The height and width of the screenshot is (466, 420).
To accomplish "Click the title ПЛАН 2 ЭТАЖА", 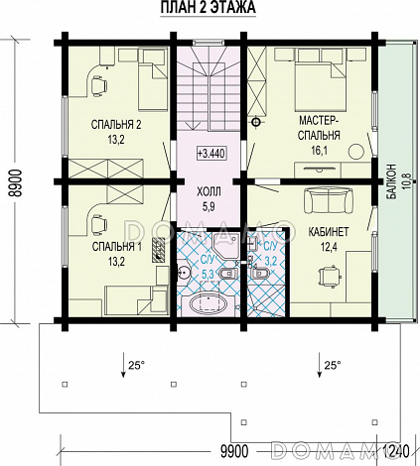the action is tap(209, 8).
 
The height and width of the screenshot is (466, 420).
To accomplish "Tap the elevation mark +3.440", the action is tap(210, 154).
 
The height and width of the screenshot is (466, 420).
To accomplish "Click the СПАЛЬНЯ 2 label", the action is tap(116, 125).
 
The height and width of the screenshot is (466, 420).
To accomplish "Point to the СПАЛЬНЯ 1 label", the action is tap(116, 247).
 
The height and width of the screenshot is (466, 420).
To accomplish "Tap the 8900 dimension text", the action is tap(16, 182).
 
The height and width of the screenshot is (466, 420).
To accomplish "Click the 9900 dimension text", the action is tap(234, 451).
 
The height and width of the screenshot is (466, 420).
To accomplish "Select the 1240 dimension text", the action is tap(396, 451).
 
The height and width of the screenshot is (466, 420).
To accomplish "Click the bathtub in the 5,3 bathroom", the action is tap(208, 302).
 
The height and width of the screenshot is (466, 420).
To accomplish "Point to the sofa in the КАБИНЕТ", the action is tap(327, 200).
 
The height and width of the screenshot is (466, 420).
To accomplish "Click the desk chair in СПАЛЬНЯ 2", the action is tap(99, 86).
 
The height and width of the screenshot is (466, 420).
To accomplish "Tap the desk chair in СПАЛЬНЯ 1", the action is tap(99, 225).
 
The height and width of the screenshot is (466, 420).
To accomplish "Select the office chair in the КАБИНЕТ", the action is tap(329, 275).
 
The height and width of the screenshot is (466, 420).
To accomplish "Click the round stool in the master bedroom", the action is tap(356, 152).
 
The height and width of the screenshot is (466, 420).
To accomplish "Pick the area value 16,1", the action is tap(319, 151).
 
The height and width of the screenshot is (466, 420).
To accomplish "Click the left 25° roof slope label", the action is tap(136, 365).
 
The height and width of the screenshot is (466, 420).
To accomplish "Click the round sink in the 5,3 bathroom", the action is tap(183, 273).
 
